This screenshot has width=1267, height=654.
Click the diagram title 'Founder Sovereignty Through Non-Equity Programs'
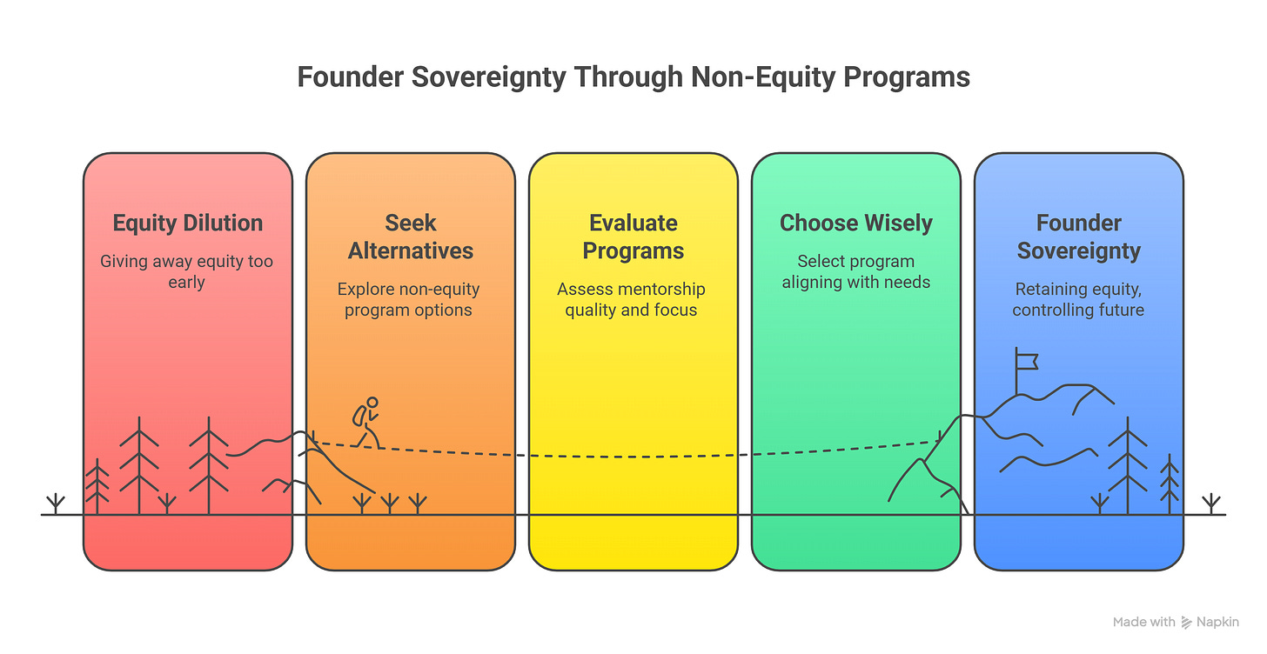[x=633, y=77]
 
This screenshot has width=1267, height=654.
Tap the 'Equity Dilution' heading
[x=188, y=224]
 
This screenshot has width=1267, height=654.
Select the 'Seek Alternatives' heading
[x=411, y=237]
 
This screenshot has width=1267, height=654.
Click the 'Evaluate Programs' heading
[x=633, y=237]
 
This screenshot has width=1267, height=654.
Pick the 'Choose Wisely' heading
[x=856, y=224]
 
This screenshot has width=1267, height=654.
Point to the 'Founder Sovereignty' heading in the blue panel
[x=1079, y=237]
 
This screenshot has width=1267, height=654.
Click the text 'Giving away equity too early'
[x=188, y=271]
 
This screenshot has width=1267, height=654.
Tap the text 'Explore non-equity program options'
[x=409, y=299]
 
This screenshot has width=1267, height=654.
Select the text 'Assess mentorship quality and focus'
[x=632, y=299]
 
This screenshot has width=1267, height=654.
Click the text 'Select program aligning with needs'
[x=856, y=271]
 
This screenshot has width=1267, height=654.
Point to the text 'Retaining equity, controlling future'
[x=1078, y=299]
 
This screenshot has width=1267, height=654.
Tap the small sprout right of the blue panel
[x=1210, y=504]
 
